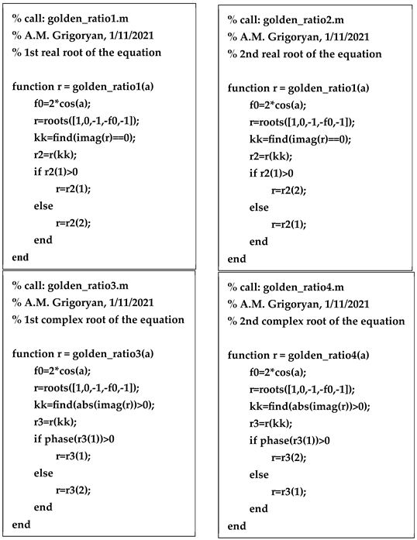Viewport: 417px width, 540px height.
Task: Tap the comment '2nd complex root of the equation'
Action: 321,321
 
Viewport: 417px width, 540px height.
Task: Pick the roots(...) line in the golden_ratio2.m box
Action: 302,122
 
